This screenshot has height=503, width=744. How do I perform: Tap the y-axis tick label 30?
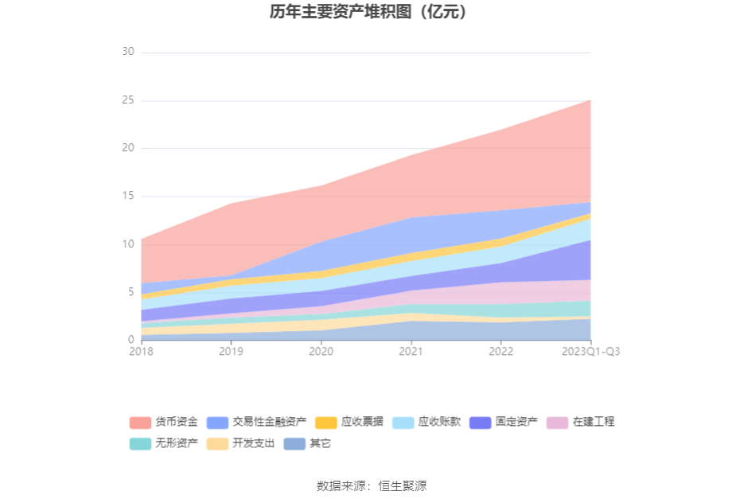pos(127,52)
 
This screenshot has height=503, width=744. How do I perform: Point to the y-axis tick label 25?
pos(127,100)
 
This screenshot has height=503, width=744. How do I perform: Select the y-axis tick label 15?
pos(127,196)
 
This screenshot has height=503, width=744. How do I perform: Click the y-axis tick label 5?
pos(130,292)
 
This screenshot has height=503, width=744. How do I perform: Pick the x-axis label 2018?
pos(142,351)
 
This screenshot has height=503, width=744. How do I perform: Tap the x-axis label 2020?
pos(321,351)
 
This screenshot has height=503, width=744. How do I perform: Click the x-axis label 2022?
pos(501,351)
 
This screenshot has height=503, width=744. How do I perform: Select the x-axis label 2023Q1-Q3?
pos(590,351)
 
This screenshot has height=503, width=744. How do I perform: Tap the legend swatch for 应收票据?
pos(325,422)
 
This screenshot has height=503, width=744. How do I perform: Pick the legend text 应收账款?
pos(439,422)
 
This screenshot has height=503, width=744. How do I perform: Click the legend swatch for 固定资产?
pos(480,422)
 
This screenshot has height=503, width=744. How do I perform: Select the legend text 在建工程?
pos(594,422)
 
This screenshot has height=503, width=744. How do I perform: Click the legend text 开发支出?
pos(254,443)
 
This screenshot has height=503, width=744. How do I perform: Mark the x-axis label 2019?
pos(231,351)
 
